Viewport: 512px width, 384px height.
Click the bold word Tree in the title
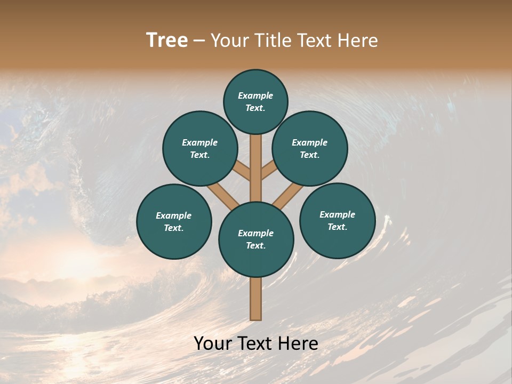point(167,40)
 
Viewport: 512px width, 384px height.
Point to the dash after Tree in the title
point(199,41)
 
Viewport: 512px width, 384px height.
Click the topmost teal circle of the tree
point(255,101)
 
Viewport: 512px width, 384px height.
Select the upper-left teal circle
point(200,148)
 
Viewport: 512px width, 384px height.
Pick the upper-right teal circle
point(310,148)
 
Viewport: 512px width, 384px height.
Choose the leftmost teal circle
point(174,221)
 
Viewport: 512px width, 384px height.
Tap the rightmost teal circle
point(337,220)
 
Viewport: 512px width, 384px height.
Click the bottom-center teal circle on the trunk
point(256,239)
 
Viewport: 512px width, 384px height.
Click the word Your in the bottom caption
point(212,343)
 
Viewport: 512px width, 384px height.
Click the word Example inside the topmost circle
point(255,95)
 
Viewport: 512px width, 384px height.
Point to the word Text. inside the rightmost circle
point(337,227)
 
